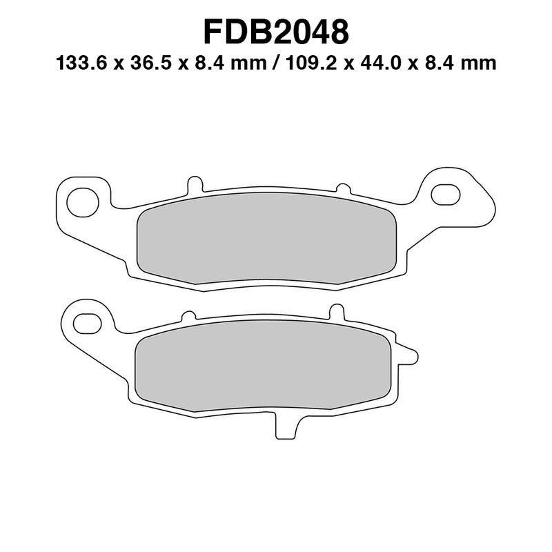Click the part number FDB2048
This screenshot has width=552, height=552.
click(x=276, y=32)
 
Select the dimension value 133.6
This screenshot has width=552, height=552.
click(x=81, y=64)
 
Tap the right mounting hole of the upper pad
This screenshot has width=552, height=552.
click(x=444, y=194)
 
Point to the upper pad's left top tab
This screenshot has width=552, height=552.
click(x=196, y=185)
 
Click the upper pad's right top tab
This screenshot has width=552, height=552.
click(x=341, y=188)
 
